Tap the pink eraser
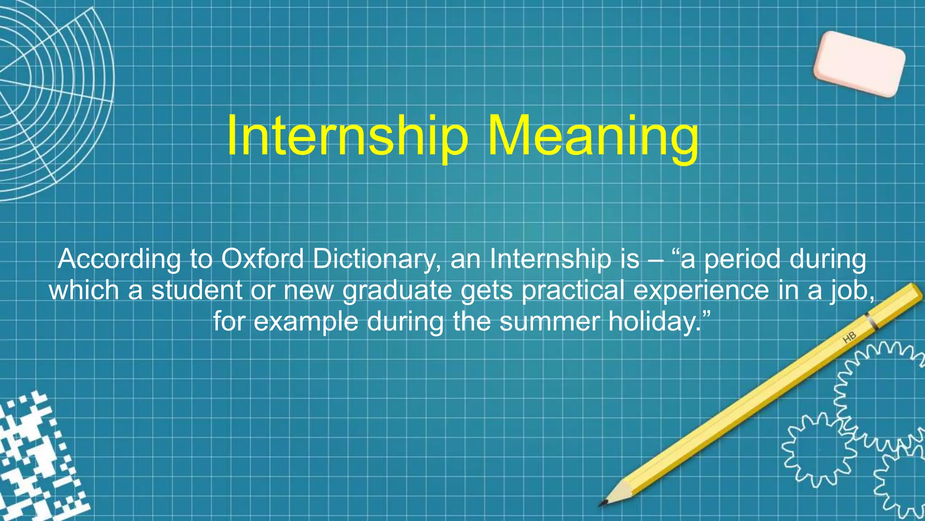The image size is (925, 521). (x=859, y=64)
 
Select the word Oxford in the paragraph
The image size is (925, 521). (x=262, y=259)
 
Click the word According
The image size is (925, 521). (x=119, y=260)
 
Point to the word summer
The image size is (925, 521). (x=549, y=322)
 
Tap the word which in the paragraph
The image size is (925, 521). (x=84, y=290)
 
